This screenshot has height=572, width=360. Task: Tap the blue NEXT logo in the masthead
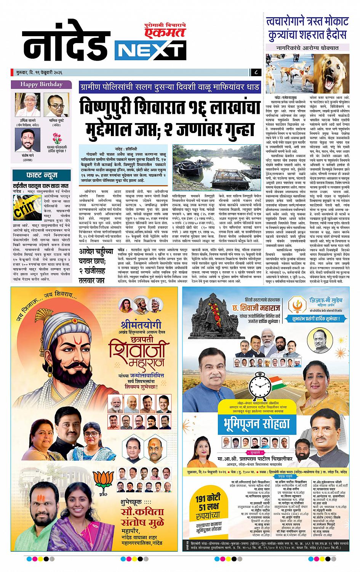coord(149,51)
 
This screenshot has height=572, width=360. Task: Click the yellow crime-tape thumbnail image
coord(23,207)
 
